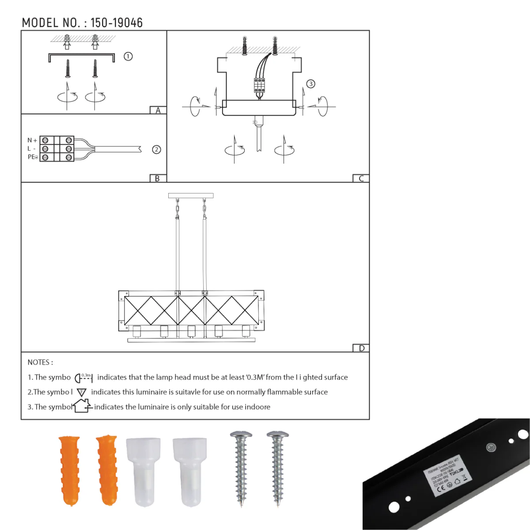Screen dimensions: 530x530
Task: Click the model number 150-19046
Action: click(117, 23)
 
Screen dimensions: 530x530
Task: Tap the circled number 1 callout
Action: click(128, 57)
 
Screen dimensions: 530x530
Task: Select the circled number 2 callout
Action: click(156, 150)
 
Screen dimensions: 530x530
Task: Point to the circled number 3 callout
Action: click(311, 84)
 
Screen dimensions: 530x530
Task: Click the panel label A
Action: click(158, 110)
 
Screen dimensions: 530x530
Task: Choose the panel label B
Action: click(157, 178)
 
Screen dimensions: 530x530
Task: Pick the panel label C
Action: click(361, 178)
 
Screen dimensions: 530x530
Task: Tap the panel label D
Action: click(361, 348)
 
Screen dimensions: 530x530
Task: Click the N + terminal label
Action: click(32, 140)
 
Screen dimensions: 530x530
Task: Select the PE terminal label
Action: click(33, 157)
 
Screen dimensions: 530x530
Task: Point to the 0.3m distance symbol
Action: click(83, 377)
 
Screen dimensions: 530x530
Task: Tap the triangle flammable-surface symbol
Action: click(82, 392)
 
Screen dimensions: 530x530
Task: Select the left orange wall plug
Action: click(70, 470)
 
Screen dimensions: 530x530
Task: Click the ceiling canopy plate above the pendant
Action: click(191, 195)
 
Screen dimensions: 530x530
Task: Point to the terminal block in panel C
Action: click(259, 85)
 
